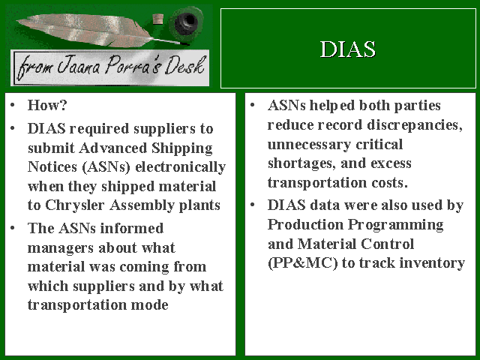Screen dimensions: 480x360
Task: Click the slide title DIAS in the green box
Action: [x=348, y=49]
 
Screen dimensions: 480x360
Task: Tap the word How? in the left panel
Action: [x=47, y=105]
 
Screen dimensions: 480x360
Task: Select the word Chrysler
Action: [x=75, y=205]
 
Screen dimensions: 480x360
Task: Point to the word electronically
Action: [x=180, y=168]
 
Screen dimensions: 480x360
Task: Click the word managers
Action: [x=61, y=248]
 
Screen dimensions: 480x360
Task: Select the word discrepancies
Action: [x=415, y=125]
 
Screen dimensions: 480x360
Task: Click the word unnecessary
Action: [x=309, y=145]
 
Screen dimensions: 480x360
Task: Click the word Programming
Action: [x=396, y=225]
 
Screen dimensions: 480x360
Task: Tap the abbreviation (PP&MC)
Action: [x=302, y=263]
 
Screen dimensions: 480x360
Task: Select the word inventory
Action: [x=432, y=263]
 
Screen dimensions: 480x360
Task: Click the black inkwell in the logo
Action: [x=186, y=22]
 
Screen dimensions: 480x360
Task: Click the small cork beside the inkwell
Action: [x=157, y=19]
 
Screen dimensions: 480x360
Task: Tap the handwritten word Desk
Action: [x=185, y=66]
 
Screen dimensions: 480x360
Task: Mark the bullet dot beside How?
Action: [x=12, y=105]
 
